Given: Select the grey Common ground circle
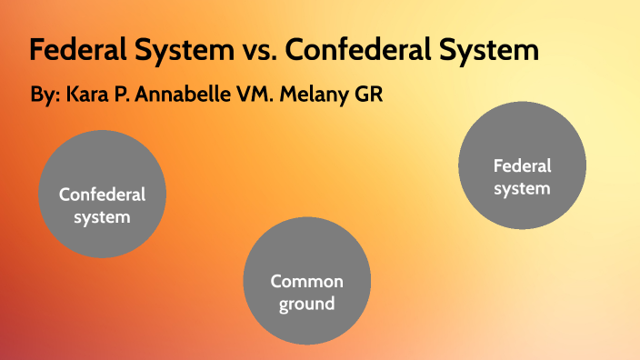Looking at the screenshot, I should [x=307, y=279].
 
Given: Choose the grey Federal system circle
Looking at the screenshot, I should [x=522, y=165].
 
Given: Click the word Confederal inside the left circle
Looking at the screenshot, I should [x=102, y=194].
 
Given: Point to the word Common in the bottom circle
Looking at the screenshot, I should [x=307, y=282].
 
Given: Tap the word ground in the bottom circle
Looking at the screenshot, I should [x=307, y=304].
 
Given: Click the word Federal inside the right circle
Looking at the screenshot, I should [x=522, y=166].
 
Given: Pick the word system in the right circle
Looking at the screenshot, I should [x=522, y=189].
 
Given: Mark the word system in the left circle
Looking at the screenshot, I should [x=102, y=217].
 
